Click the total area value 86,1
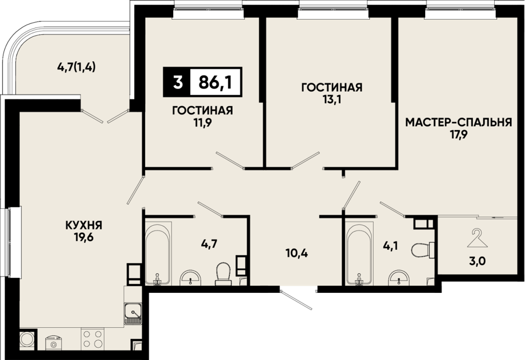pos(215,82)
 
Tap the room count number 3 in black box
pos(178,82)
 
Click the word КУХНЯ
pos(83,225)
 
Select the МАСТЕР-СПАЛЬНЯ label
pos(459,123)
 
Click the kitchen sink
pos(133,313)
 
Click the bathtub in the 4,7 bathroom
pos(158,253)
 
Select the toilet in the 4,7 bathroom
pos(223,274)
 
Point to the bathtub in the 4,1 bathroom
pos(359,253)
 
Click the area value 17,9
pos(459,135)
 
